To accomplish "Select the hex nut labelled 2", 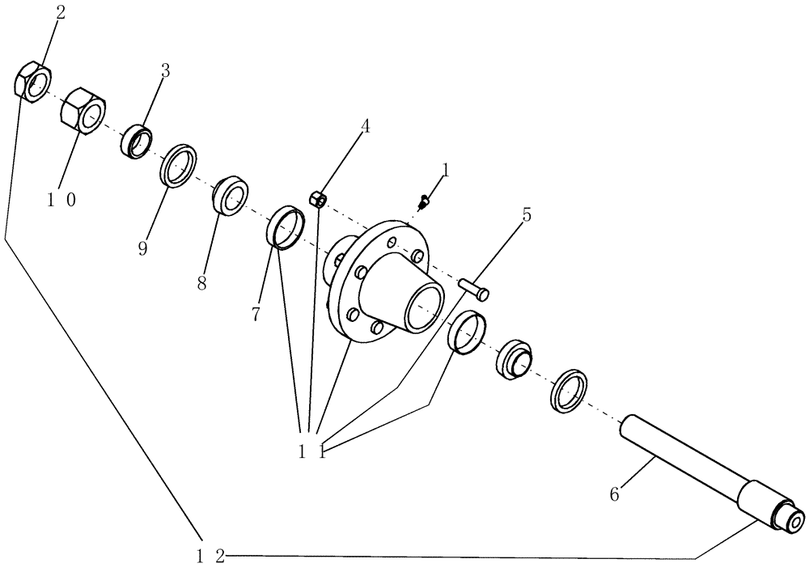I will coord(33,83).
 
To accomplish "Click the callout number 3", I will coord(166,70).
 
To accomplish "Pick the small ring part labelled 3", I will coord(138,140).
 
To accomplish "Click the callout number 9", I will coord(142,248).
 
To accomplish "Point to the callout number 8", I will coord(201,283).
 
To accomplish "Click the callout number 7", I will coord(256,314).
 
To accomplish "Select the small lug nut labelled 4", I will coord(319,197).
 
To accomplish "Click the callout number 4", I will coord(366,126).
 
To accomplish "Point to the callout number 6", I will coord(614,493).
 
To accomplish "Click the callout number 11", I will coord(311,451).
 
